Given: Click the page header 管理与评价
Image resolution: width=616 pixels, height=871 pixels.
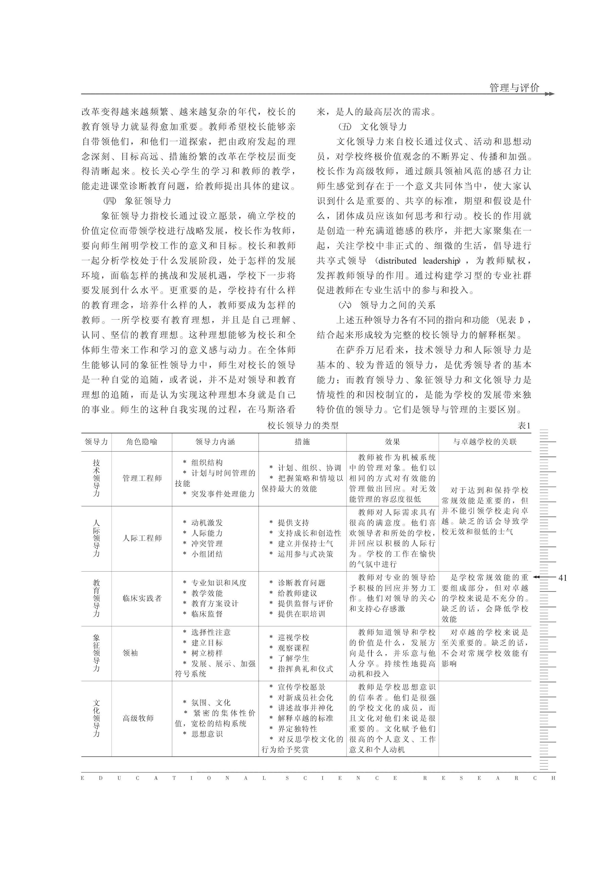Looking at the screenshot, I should [514, 88].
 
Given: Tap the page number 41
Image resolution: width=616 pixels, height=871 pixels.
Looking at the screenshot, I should [563, 578].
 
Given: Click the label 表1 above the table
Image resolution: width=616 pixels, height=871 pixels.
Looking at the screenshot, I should [524, 426].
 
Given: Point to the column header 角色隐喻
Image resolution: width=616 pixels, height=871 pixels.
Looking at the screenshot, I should [142, 442].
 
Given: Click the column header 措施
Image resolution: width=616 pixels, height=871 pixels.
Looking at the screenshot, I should [302, 442].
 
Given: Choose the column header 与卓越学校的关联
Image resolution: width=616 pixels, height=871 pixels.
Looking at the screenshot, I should [485, 442].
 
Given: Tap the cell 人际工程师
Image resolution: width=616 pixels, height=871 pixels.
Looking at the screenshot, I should [142, 538].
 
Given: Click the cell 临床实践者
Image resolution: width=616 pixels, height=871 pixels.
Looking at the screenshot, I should [142, 598].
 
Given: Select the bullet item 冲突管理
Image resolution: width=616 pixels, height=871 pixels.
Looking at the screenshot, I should [207, 543].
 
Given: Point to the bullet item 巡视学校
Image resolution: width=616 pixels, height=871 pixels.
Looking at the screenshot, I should [293, 638].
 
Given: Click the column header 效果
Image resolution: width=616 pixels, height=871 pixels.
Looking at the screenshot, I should [392, 442].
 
